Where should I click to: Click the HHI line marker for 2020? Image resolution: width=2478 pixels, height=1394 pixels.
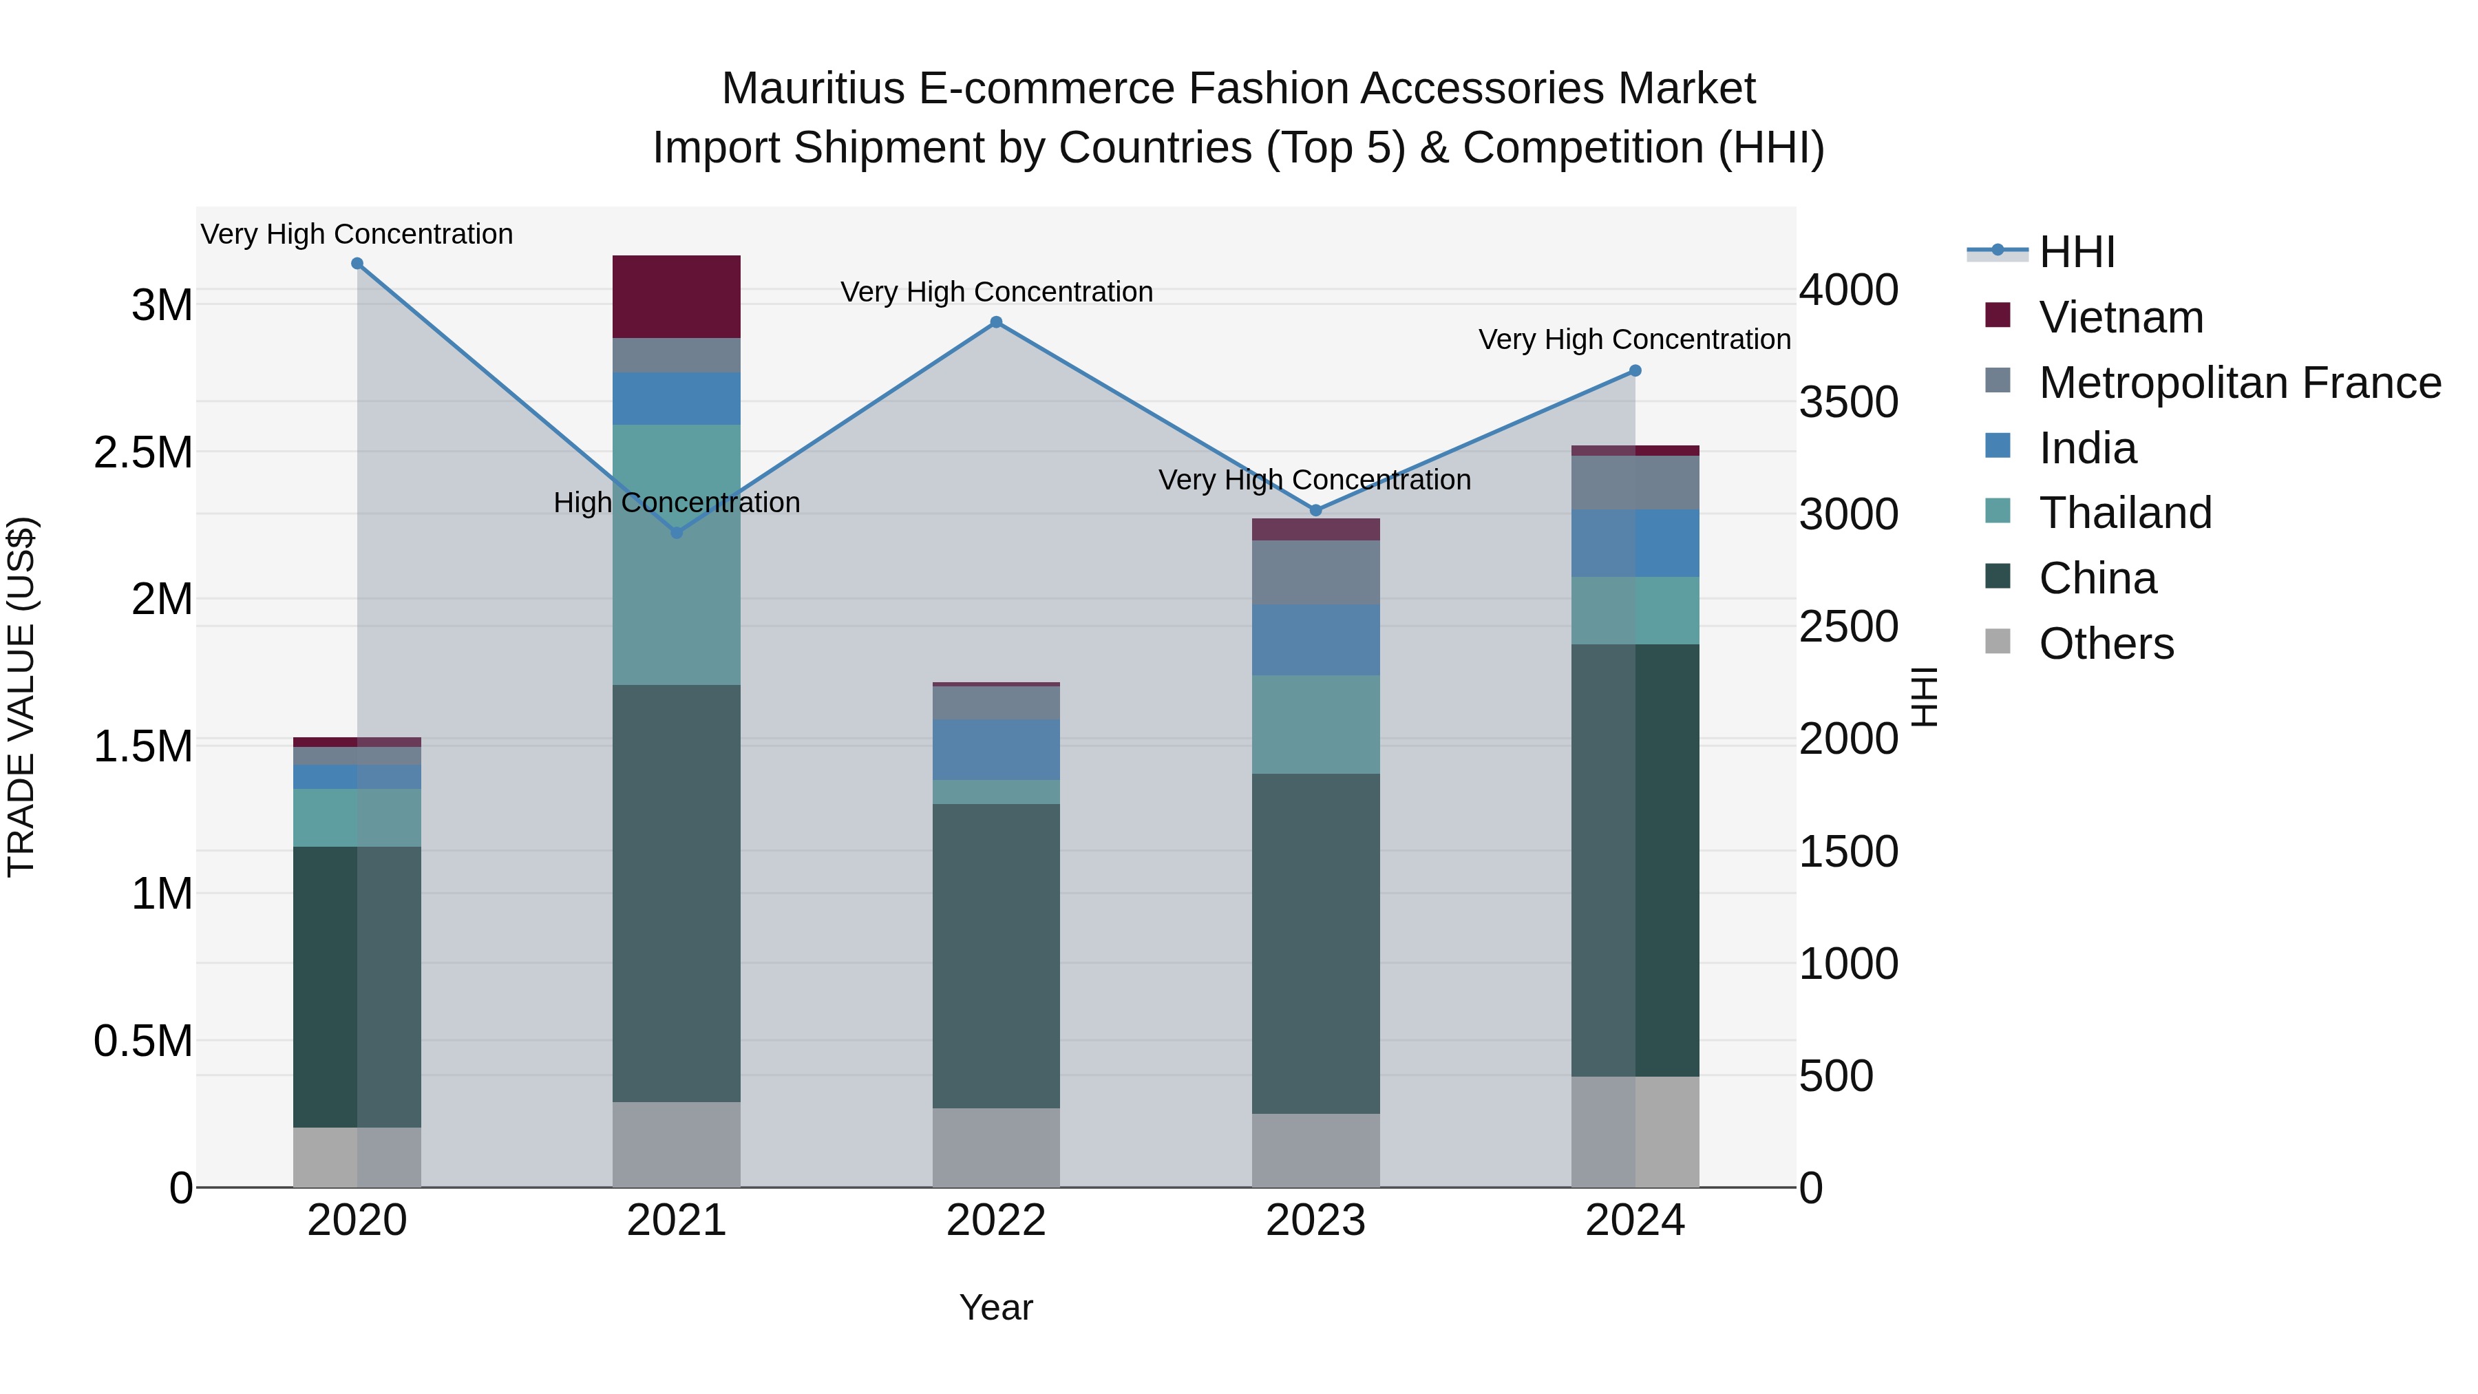357,264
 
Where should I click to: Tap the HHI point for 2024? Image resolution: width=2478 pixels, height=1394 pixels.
1634,371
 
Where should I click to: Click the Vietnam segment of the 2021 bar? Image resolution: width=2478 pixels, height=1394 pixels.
676,296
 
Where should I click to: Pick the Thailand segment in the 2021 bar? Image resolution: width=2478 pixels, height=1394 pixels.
676,554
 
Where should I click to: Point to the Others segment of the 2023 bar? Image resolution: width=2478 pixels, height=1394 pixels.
1315,1150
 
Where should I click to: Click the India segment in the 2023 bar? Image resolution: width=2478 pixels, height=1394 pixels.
1315,640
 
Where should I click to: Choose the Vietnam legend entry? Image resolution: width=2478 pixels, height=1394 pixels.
2120,317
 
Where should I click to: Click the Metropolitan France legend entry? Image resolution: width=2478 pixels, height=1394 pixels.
2238,383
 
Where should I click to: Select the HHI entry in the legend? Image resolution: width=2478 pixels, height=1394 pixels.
2076,252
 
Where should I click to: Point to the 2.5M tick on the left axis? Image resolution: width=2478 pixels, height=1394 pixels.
143,452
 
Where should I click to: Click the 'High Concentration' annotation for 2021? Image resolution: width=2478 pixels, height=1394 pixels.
676,503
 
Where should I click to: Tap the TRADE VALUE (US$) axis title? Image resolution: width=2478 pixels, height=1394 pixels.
21,697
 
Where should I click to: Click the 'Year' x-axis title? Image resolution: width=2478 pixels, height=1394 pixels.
995,1307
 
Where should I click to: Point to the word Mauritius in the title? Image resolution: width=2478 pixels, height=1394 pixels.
813,89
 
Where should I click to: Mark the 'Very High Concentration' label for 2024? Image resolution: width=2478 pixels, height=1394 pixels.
1633,339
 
